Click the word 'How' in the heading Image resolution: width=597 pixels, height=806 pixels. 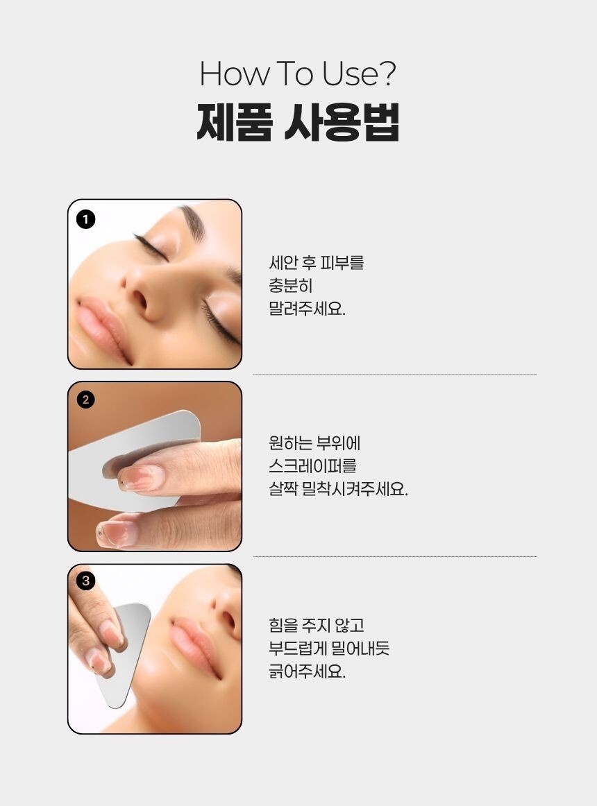(234, 74)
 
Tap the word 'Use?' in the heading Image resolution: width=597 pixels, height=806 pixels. (359, 74)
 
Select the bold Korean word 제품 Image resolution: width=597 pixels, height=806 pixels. (234, 122)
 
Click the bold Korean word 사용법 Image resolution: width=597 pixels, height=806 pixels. (342, 122)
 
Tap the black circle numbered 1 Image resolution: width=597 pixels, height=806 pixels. (85, 219)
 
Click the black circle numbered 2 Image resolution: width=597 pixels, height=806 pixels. (85, 400)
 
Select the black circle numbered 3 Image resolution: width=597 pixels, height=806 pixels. (85, 581)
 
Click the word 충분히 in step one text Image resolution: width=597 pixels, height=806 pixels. (291, 286)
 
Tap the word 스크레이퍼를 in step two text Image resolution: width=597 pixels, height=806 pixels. (312, 466)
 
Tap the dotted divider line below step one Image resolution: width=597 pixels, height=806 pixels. (395, 375)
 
